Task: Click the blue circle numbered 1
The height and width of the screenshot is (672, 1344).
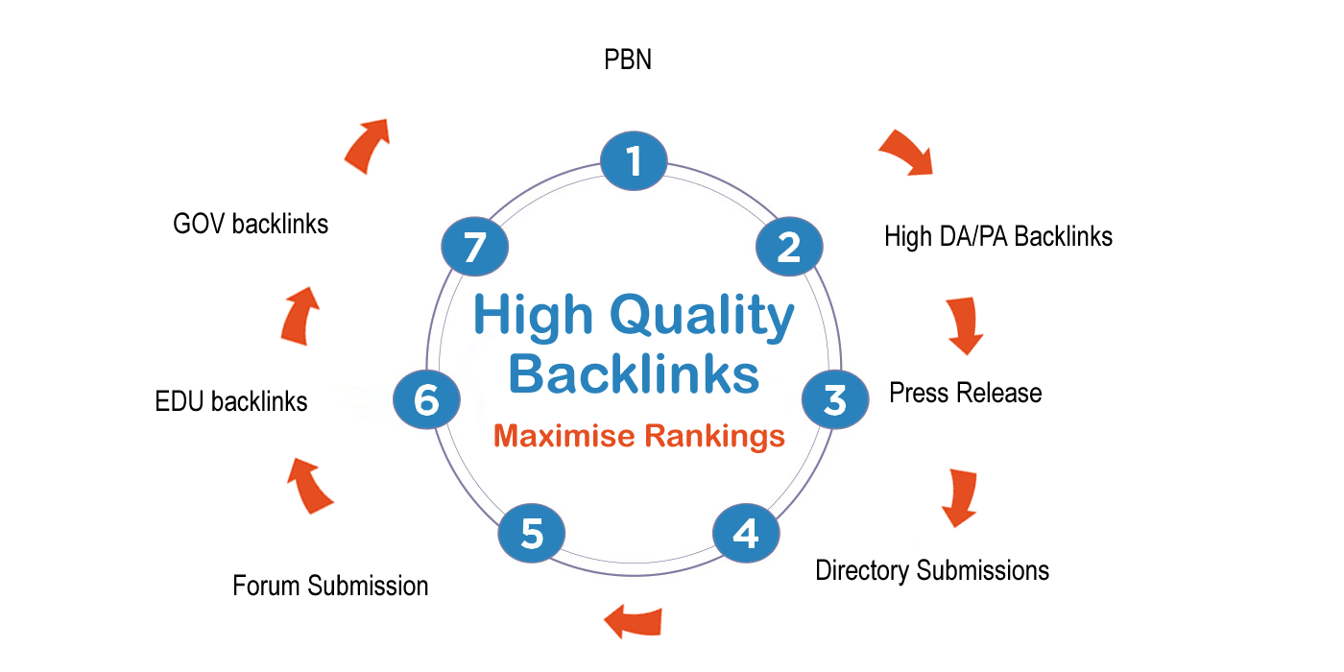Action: pos(634,161)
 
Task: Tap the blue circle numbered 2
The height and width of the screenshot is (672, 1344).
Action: pos(789,247)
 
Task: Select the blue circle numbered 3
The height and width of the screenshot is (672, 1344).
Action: pos(834,398)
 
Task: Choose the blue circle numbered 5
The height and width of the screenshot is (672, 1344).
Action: pos(531,533)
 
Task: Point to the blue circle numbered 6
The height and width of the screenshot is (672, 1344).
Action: pos(426,399)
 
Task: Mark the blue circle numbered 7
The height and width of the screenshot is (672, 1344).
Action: pos(474,248)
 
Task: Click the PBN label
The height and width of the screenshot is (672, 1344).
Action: pos(628,60)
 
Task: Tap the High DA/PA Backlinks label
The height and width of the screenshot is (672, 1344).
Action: pos(998,236)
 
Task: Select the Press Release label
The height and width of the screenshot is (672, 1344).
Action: pos(965,393)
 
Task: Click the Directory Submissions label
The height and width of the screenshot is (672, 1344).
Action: pos(932,570)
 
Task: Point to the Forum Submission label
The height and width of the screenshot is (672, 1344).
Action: pos(330,586)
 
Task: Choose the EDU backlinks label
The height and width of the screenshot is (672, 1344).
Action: pos(231,401)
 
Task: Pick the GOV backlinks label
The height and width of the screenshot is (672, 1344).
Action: pos(251,225)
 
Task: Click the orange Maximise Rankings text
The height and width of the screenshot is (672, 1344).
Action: pos(638,437)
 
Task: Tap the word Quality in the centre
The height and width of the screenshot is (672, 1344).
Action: pos(703,317)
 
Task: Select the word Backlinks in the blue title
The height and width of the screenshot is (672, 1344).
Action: pos(634,374)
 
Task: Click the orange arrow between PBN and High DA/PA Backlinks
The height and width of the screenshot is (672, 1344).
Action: pos(907,152)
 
